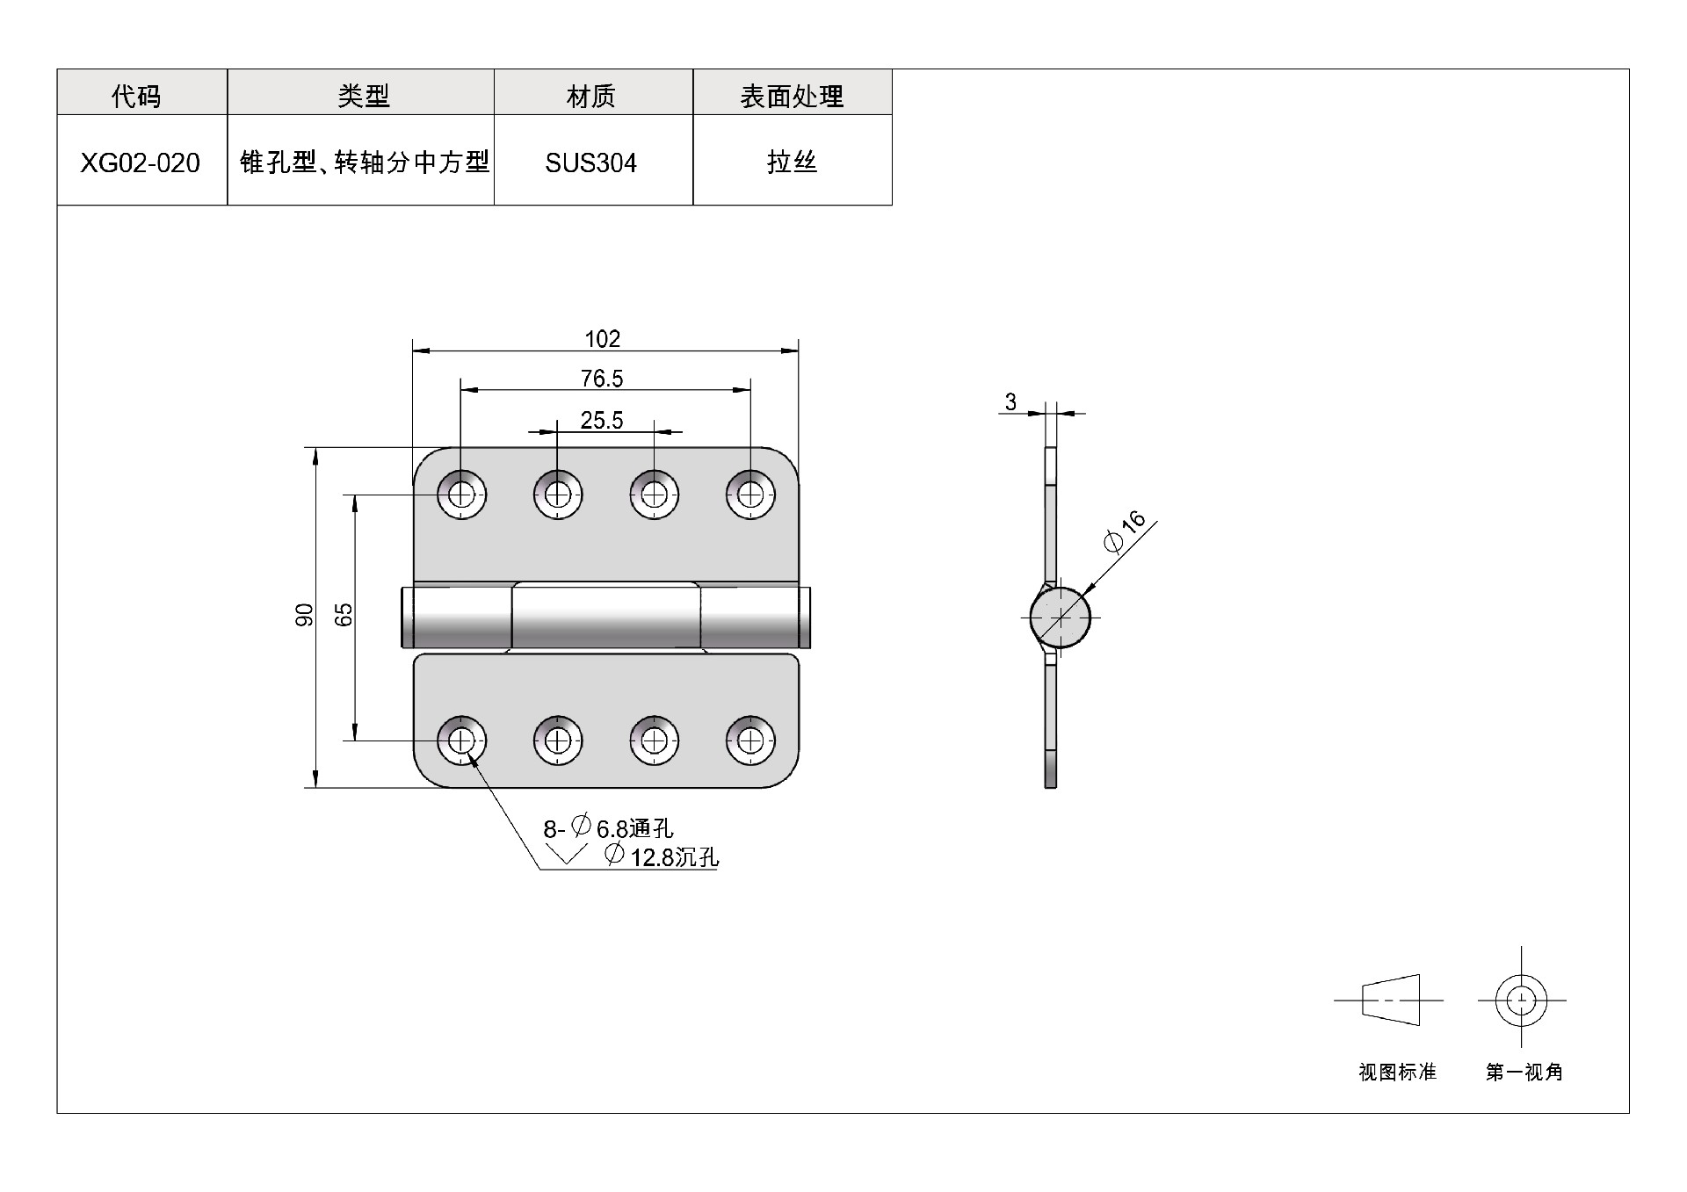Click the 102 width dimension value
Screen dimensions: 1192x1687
point(603,339)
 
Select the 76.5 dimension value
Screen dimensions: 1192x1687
point(602,379)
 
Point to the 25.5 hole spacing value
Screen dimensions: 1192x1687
point(602,421)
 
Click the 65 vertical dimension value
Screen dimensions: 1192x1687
point(344,615)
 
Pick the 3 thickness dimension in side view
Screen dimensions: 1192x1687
point(1010,402)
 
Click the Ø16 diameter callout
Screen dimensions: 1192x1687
point(1125,531)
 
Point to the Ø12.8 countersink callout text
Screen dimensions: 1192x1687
point(661,856)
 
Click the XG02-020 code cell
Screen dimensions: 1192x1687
point(141,163)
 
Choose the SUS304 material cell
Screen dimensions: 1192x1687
point(590,163)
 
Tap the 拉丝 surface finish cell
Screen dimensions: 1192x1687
point(792,163)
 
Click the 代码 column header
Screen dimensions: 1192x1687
point(136,96)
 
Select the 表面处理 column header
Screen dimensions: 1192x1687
point(792,96)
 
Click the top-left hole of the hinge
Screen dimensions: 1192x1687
point(460,495)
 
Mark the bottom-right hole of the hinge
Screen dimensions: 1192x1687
point(749,741)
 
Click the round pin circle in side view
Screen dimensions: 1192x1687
point(1061,617)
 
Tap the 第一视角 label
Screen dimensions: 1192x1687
point(1524,1073)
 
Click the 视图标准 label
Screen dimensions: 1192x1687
point(1397,1073)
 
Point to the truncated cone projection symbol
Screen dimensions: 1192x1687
point(1391,1001)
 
